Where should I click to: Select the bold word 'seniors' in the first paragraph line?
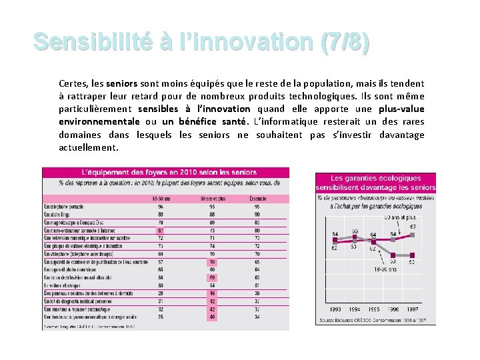pos(121,84)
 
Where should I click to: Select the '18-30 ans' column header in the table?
pos(161,199)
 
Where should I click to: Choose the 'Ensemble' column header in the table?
pos(257,199)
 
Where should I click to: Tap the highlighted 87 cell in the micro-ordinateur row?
pos(161,230)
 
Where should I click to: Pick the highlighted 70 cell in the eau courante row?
pos(212,262)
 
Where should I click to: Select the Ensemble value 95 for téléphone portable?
pos(257,207)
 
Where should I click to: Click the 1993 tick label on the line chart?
pos(335,309)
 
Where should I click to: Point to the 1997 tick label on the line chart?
pos(413,309)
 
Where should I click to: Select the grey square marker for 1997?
pos(413,254)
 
